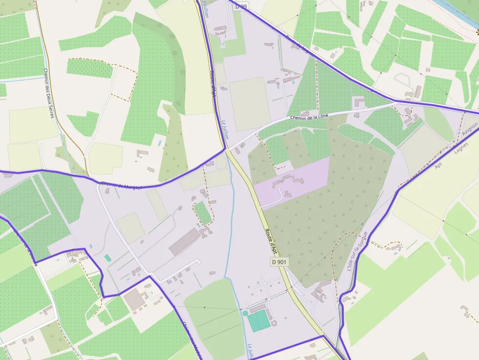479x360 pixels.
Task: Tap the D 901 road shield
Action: (x=279, y=262)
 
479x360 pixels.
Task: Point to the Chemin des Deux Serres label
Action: (x=48, y=93)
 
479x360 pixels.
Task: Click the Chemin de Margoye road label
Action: (x=117, y=185)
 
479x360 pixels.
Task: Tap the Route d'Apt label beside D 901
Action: (x=271, y=241)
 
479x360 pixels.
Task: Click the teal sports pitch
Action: (x=258, y=320)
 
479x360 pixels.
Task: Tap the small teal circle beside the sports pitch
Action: (x=245, y=313)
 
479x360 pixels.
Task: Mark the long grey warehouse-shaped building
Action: (x=185, y=241)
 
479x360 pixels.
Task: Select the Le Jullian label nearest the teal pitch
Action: (x=250, y=351)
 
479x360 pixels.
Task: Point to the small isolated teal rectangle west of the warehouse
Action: (x=108, y=258)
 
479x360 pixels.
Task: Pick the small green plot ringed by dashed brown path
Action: (x=202, y=213)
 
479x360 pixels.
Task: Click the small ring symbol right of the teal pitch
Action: (x=273, y=323)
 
